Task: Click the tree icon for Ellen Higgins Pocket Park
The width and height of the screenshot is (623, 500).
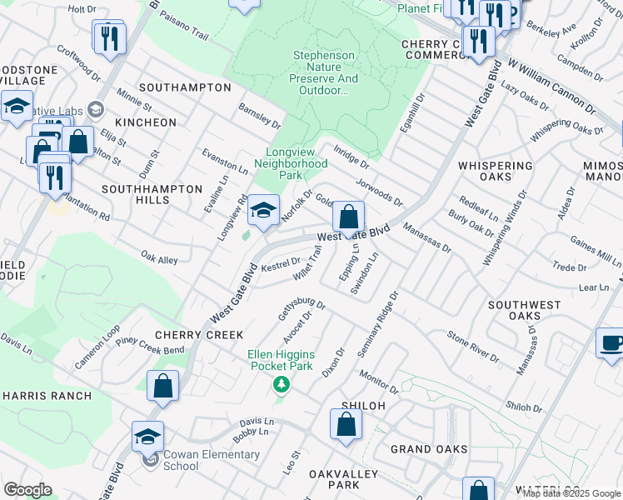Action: [x=282, y=383]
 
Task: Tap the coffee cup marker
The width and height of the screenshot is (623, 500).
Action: [x=610, y=343]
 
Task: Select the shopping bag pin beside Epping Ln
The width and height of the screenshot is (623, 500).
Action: [x=349, y=218]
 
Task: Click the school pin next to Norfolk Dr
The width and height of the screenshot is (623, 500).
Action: [x=263, y=212]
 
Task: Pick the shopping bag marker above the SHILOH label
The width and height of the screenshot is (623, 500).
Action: [x=345, y=424]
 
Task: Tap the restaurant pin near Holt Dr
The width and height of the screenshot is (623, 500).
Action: [x=109, y=38]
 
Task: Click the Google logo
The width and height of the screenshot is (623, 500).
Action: [x=27, y=490]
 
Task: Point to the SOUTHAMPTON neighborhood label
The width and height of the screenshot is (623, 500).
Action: [x=185, y=87]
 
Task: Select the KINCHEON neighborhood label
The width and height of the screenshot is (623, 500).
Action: [x=146, y=122]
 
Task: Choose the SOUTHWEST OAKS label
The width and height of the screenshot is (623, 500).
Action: [x=524, y=311]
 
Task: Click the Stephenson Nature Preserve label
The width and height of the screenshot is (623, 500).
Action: [x=324, y=72]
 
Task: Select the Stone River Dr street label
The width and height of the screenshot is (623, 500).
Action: [x=472, y=348]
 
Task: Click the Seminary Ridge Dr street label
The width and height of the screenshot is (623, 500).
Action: [x=379, y=325]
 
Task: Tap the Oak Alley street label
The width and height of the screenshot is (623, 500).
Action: [x=159, y=260]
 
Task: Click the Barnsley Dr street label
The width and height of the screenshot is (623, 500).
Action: [x=260, y=116]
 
